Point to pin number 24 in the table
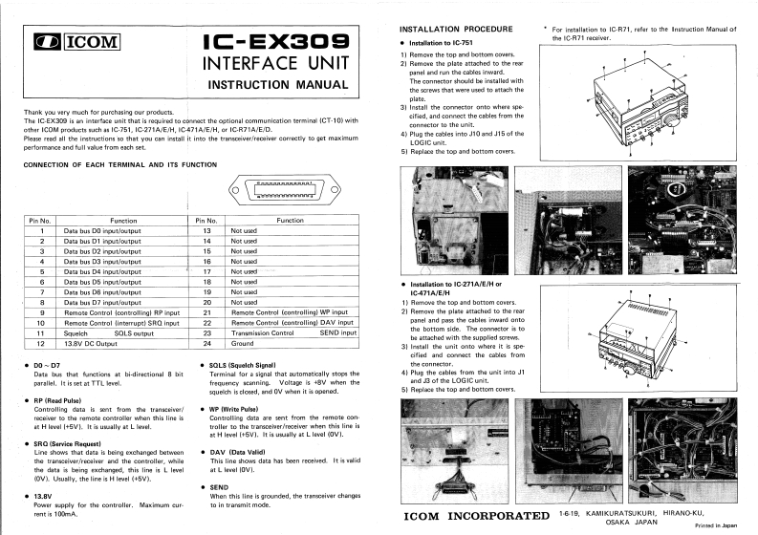[206, 343]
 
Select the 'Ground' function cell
[243, 343]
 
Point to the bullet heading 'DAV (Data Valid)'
[239, 453]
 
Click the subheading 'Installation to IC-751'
[451, 44]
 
